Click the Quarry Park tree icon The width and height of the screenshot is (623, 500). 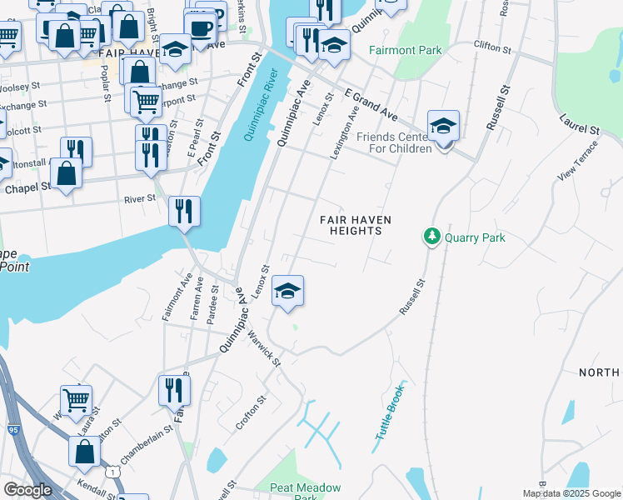(x=432, y=237)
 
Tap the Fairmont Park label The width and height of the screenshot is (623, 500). (x=406, y=51)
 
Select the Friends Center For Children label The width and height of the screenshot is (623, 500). (x=394, y=142)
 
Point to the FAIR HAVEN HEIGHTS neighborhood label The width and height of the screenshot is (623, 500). (x=356, y=225)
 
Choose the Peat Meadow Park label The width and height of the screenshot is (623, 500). (x=306, y=492)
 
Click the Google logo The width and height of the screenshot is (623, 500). (x=27, y=490)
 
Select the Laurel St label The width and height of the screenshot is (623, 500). (x=581, y=125)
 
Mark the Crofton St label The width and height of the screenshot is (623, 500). (x=250, y=412)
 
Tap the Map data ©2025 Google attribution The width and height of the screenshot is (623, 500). (x=571, y=493)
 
